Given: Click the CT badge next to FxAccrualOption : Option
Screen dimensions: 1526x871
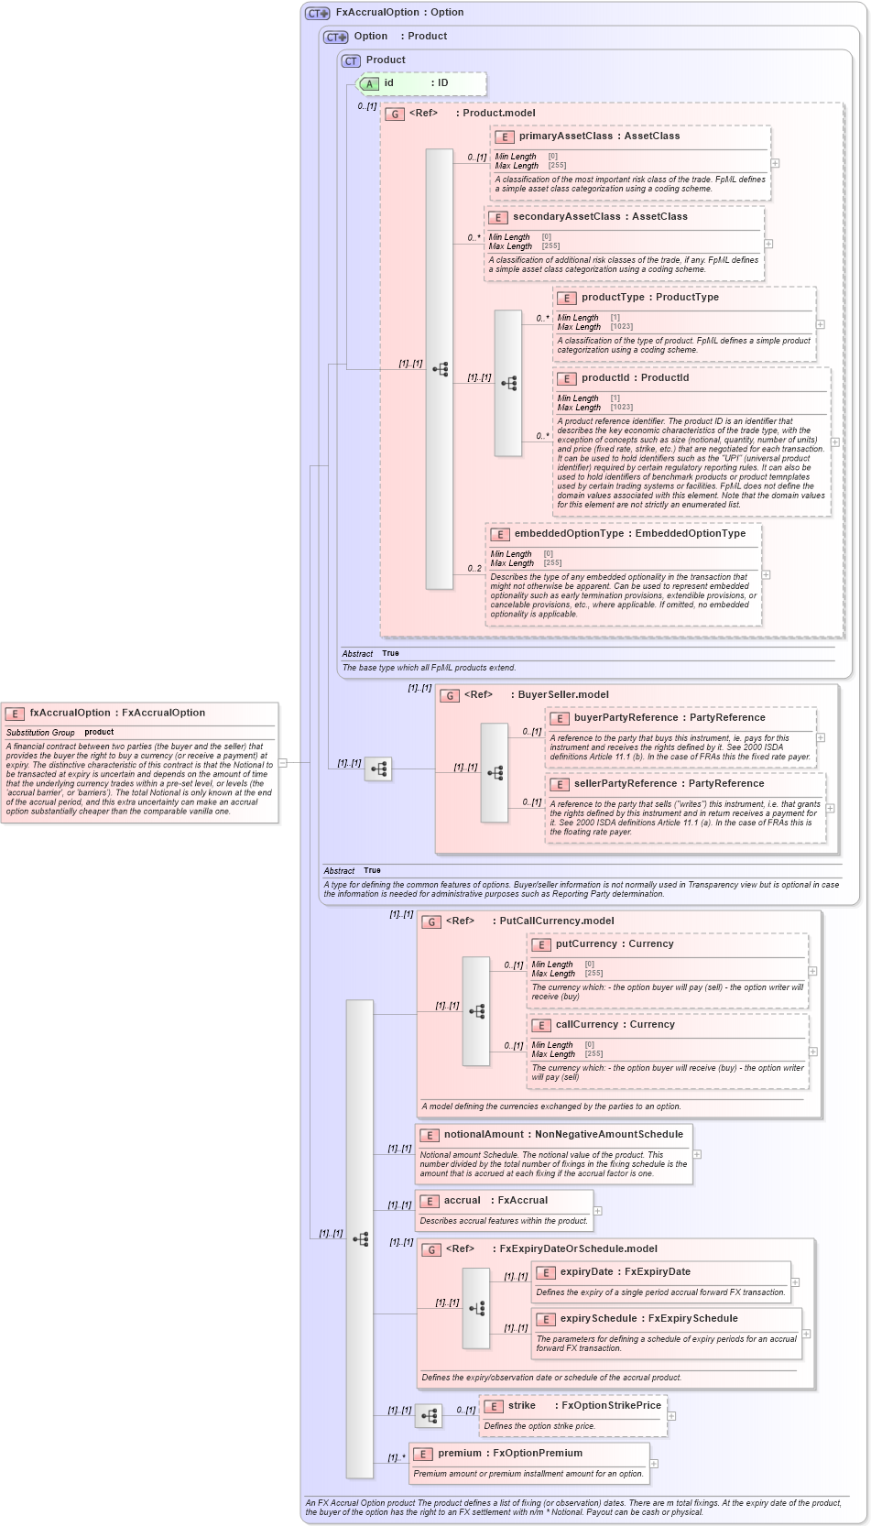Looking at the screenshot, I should click(317, 13).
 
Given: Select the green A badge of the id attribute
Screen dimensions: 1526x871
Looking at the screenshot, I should click(370, 83).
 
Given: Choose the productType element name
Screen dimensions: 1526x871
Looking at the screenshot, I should click(613, 297).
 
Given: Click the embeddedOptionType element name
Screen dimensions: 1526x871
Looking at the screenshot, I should click(568, 533).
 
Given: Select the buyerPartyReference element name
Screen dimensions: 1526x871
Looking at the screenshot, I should click(619, 717).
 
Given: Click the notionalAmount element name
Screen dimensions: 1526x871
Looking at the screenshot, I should click(484, 1134).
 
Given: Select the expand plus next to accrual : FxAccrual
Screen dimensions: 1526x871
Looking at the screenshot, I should click(598, 1211).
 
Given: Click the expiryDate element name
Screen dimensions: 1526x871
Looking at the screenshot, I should click(586, 1271).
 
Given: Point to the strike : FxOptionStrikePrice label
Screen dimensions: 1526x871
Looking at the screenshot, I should click(584, 1405).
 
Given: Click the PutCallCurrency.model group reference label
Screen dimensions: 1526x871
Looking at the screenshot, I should click(556, 921).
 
